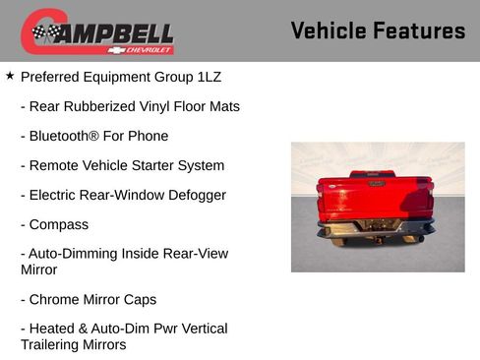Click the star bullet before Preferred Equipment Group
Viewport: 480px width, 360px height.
pyautogui.click(x=10, y=76)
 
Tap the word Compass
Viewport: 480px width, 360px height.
pyautogui.click(x=59, y=224)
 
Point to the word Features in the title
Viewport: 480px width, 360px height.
pyautogui.click(x=419, y=30)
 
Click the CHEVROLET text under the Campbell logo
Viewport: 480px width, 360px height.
pyautogui.click(x=146, y=49)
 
